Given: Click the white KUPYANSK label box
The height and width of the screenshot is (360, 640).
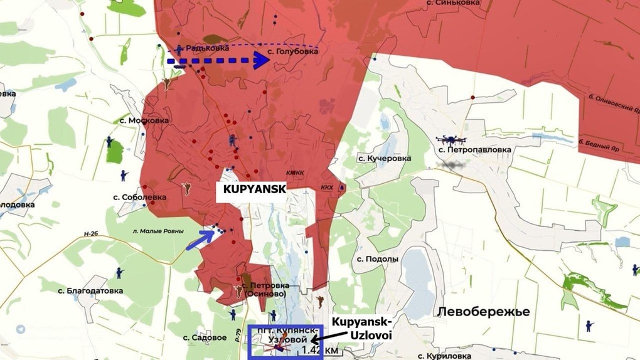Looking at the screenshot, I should pos(251,189).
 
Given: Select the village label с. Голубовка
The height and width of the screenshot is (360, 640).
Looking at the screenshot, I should pos(292,51).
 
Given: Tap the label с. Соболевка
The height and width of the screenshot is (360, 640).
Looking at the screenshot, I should pos(140,197).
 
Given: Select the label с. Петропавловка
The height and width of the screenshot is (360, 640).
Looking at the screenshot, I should pos(474,150).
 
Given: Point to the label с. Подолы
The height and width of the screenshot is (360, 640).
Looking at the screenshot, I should pos(377,258).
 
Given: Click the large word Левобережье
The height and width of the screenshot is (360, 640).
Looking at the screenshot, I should pos(483,312).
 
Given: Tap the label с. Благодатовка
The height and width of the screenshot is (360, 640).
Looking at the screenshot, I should pos(84,290).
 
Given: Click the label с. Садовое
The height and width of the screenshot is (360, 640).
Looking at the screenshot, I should pos(205,337).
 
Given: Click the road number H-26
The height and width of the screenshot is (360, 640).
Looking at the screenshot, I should pos(92,235).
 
